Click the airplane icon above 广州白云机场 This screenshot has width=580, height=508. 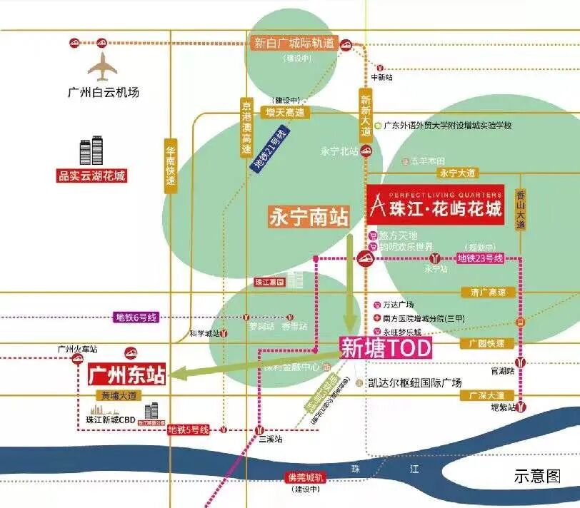tap(102, 67)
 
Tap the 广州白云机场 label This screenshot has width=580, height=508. tap(103, 92)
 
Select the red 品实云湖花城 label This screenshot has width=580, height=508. tap(91, 175)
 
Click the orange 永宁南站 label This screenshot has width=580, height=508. tap(309, 217)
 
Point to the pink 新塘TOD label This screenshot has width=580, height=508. tap(386, 349)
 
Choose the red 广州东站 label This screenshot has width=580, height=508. tap(126, 375)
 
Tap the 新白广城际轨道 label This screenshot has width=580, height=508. tap(294, 43)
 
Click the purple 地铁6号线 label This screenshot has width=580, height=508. tap(136, 317)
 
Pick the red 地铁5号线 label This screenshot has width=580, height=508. tap(189, 430)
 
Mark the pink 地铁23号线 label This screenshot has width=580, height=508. tap(480, 257)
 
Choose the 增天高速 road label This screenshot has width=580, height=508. tap(285, 112)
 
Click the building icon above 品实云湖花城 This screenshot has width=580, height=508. tap(91, 151)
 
